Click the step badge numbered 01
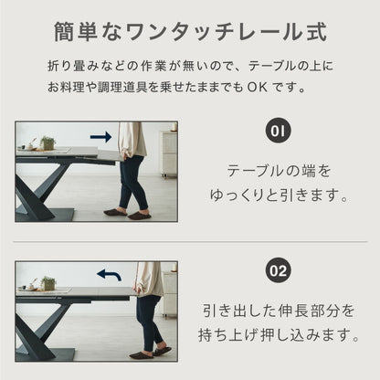pos(278,132)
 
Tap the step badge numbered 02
pos(278,270)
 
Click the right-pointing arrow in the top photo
pos(101,137)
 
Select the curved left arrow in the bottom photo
pos(110,274)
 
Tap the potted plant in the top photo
pos(47,143)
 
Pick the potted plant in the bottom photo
pos(47,283)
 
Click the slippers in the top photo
pos(128,214)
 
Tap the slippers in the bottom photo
pos(151,353)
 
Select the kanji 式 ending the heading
pos(317,32)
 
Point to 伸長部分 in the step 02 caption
pos(309,311)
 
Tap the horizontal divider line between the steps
pos(190,242)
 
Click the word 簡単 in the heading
pos(76,32)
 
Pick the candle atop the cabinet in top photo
pos(174,126)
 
